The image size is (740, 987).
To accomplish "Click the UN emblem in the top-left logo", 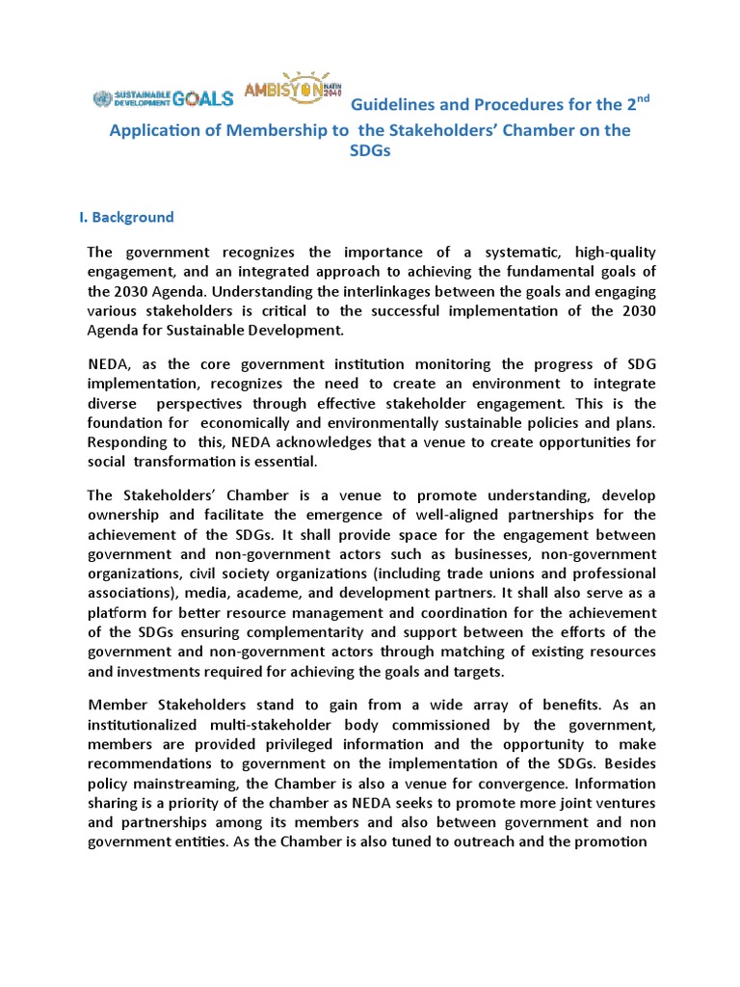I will (x=101, y=97).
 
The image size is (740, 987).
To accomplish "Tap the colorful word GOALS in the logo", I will (x=203, y=97).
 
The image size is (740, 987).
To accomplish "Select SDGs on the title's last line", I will (x=370, y=153).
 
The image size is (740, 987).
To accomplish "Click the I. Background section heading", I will (x=126, y=217).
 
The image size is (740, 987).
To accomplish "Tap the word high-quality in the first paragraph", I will (x=616, y=252).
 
